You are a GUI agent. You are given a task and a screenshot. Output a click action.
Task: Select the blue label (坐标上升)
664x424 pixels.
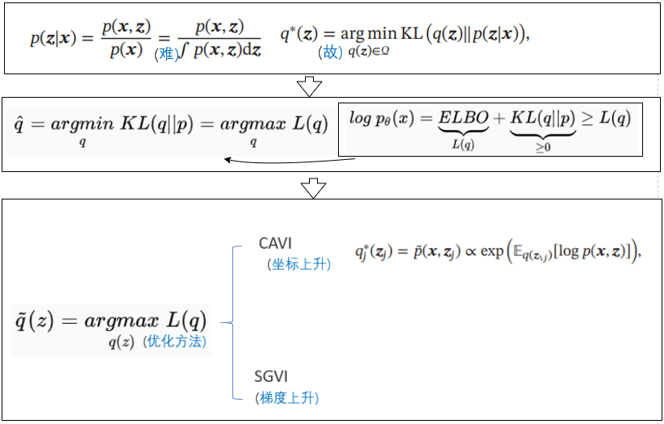[x=299, y=264]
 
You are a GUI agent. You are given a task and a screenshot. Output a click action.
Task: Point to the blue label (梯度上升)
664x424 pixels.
[x=287, y=397]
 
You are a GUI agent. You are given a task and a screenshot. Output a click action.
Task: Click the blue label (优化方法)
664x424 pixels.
[x=176, y=341]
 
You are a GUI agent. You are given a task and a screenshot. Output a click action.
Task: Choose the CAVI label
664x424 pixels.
[x=277, y=243]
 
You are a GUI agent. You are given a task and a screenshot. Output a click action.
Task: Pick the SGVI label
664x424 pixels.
[x=271, y=376]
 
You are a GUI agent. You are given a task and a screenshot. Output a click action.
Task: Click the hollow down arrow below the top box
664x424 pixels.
[x=309, y=86]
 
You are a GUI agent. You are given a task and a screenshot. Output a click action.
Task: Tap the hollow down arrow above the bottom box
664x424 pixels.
[x=312, y=188]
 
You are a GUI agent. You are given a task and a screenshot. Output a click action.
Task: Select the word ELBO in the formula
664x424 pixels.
[x=465, y=118]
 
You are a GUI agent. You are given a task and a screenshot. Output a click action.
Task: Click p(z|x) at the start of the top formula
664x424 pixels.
[x=53, y=38]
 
